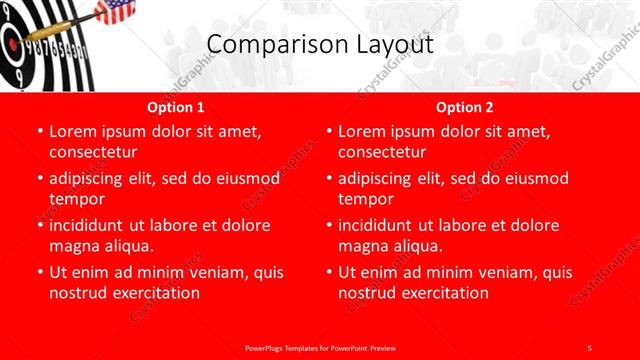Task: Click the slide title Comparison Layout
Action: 320,44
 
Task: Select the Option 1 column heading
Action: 176,107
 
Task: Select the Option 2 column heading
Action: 465,107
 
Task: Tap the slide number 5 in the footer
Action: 589,347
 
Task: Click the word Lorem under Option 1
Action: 74,132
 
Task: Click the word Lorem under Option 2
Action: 363,132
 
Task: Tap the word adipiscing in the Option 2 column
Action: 378,178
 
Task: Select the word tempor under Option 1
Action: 76,199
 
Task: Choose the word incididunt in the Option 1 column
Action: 90,225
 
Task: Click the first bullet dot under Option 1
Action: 40,132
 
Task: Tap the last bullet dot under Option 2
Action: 329,272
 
